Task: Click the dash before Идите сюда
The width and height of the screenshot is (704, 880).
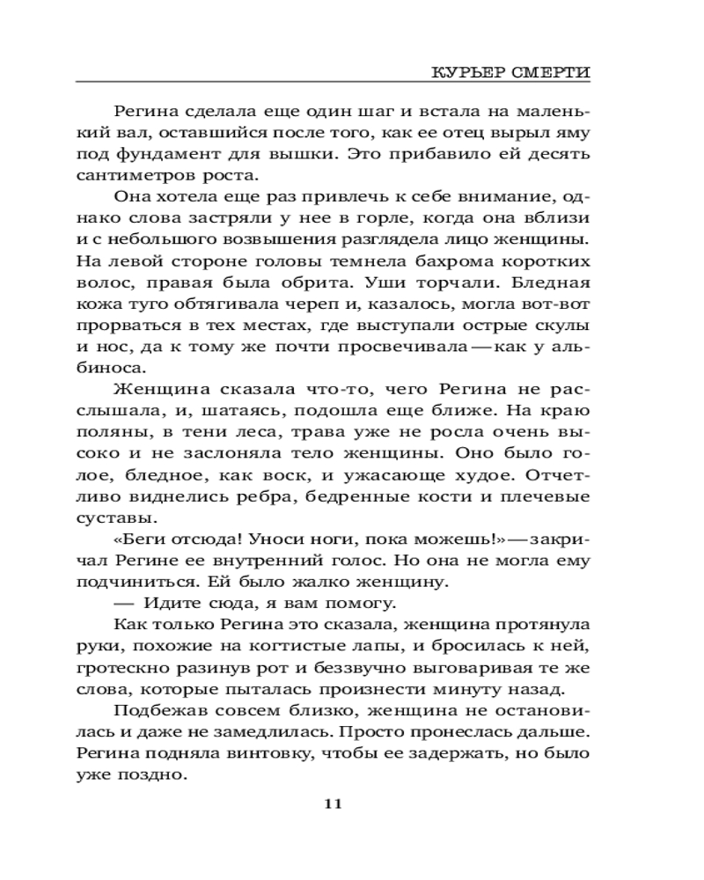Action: (126, 603)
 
